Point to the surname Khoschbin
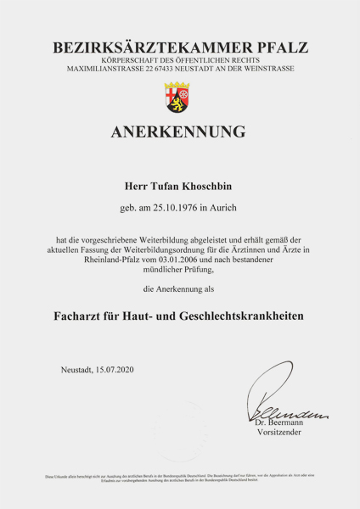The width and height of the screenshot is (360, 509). [x=211, y=184]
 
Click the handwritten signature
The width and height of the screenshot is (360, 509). [x=280, y=394]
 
